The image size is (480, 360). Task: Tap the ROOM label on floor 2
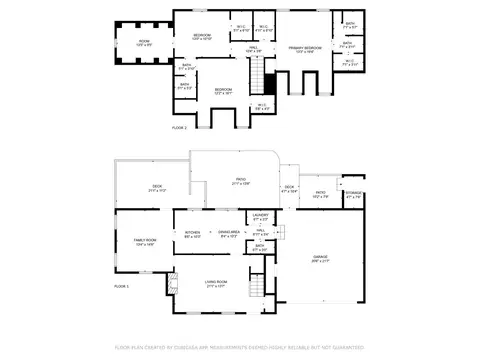tap(144, 41)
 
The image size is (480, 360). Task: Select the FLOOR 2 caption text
tap(179, 129)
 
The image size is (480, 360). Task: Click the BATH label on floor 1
tap(259, 246)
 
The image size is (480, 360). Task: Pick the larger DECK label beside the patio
tap(157, 186)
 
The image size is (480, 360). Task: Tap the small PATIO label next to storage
tap(320, 193)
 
